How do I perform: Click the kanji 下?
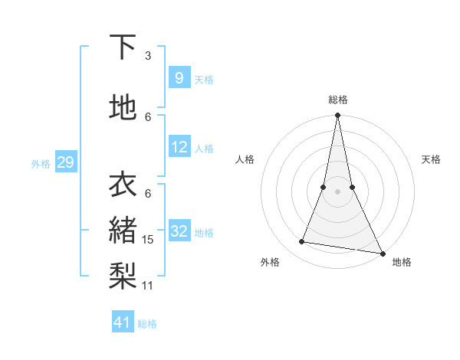[x=123, y=47]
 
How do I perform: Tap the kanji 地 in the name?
[x=123, y=107]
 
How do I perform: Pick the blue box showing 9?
[x=179, y=77]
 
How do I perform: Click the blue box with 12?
[x=179, y=147]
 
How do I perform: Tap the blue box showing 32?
[x=179, y=231]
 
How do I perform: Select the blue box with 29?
[x=65, y=162]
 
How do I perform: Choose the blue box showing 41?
[x=123, y=322]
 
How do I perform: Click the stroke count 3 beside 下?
[x=148, y=56]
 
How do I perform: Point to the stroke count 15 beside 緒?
[x=148, y=240]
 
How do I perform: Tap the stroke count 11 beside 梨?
[x=148, y=286]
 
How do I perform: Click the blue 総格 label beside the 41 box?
[x=147, y=324]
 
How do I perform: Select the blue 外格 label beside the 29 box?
[x=41, y=163]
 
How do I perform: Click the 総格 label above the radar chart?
[x=337, y=100]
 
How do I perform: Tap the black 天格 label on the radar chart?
[x=431, y=159]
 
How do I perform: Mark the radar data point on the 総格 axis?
[x=337, y=116]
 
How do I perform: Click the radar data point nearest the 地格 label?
[x=382, y=253]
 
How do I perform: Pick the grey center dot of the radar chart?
[x=337, y=191]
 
